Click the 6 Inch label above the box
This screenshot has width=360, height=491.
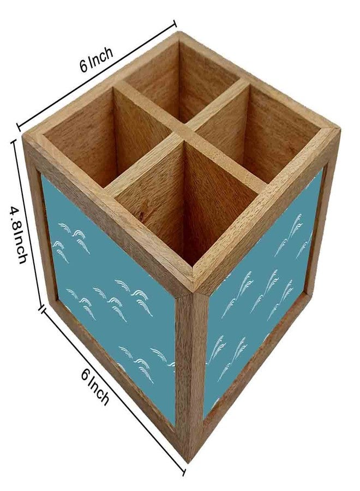click(x=96, y=59)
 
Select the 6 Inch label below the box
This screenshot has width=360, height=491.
click(x=95, y=386)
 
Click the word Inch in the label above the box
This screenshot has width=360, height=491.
click(x=101, y=57)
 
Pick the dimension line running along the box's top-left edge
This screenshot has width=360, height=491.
click(x=97, y=75)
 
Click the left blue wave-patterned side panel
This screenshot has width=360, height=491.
click(x=110, y=301)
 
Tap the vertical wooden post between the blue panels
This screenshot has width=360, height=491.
click(x=191, y=376)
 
